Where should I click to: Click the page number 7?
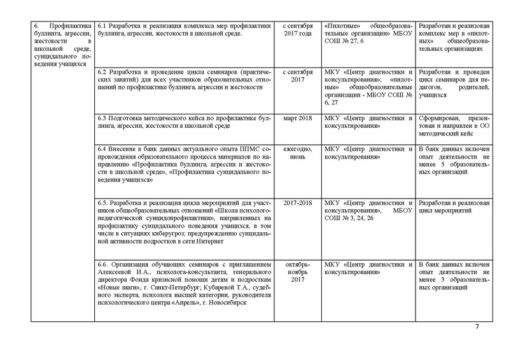478,327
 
